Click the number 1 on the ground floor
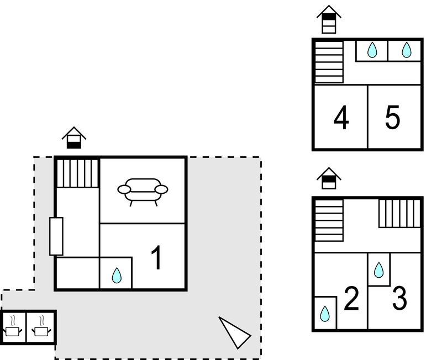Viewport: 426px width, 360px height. tap(157, 258)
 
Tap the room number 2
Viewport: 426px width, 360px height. tap(351, 299)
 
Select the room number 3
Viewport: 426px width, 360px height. tap(399, 298)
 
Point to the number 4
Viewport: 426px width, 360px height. tap(341, 118)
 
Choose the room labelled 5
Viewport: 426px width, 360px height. tap(392, 118)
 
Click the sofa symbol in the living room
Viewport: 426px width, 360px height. tap(143, 189)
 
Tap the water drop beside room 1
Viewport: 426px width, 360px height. tap(117, 275)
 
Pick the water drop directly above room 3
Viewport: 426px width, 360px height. tap(378, 270)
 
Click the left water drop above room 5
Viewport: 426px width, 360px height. tap(372, 50)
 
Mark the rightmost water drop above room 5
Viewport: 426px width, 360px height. tap(406, 50)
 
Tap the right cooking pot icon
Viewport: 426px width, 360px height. tap(40, 327)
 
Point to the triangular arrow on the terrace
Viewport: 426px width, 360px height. tap(234, 332)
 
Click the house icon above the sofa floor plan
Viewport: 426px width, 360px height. tap(73, 138)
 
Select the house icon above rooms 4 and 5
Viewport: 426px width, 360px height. tap(329, 20)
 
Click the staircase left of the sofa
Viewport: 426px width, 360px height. tap(77, 173)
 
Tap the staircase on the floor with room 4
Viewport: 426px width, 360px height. tap(329, 62)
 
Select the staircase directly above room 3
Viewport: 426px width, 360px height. tap(399, 213)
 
